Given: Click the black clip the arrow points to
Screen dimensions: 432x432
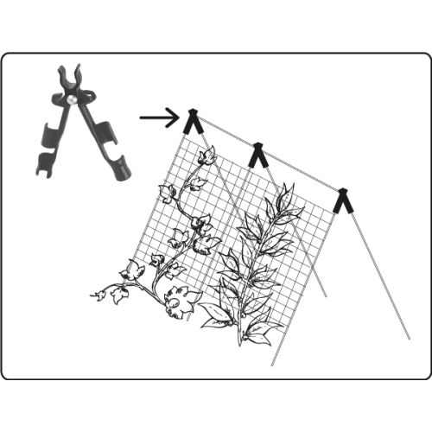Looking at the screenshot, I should (x=193, y=122).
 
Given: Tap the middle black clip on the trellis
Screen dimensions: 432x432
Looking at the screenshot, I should (x=257, y=156).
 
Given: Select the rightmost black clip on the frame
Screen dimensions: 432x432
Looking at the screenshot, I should (x=344, y=200).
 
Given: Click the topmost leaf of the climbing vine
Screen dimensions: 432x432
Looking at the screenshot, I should (x=206, y=156).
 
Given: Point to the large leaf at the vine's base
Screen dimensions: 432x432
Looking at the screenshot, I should (x=183, y=302).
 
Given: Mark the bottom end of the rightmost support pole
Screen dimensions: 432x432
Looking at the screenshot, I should (x=408, y=338).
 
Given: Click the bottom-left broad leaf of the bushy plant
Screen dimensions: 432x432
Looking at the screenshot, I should (x=214, y=322).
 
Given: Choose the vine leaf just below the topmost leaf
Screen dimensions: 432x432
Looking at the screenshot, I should (x=198, y=183).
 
